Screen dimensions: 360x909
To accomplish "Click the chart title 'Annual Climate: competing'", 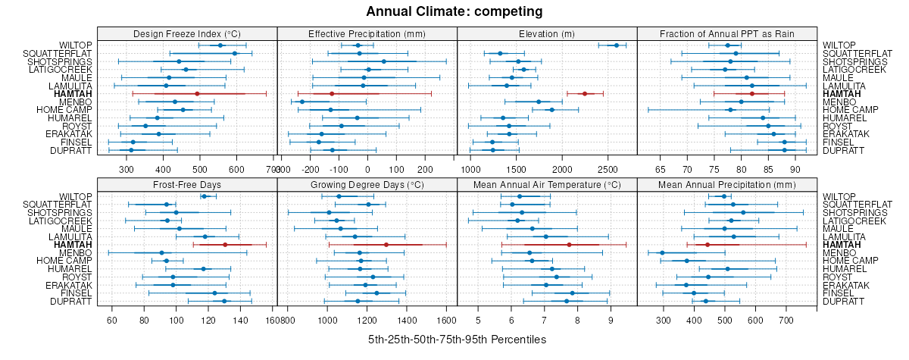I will point(454,11).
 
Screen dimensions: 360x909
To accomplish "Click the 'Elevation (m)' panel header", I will point(547,33).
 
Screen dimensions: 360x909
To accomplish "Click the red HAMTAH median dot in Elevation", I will point(585,93).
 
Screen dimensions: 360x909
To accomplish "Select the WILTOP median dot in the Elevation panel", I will point(616,45).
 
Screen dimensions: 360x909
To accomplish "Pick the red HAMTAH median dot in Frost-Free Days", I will point(225,245).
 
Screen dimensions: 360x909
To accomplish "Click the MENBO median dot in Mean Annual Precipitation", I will point(662,253).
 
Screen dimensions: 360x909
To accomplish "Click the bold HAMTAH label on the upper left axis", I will point(73,93).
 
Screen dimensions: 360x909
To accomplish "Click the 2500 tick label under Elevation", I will point(608,170).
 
